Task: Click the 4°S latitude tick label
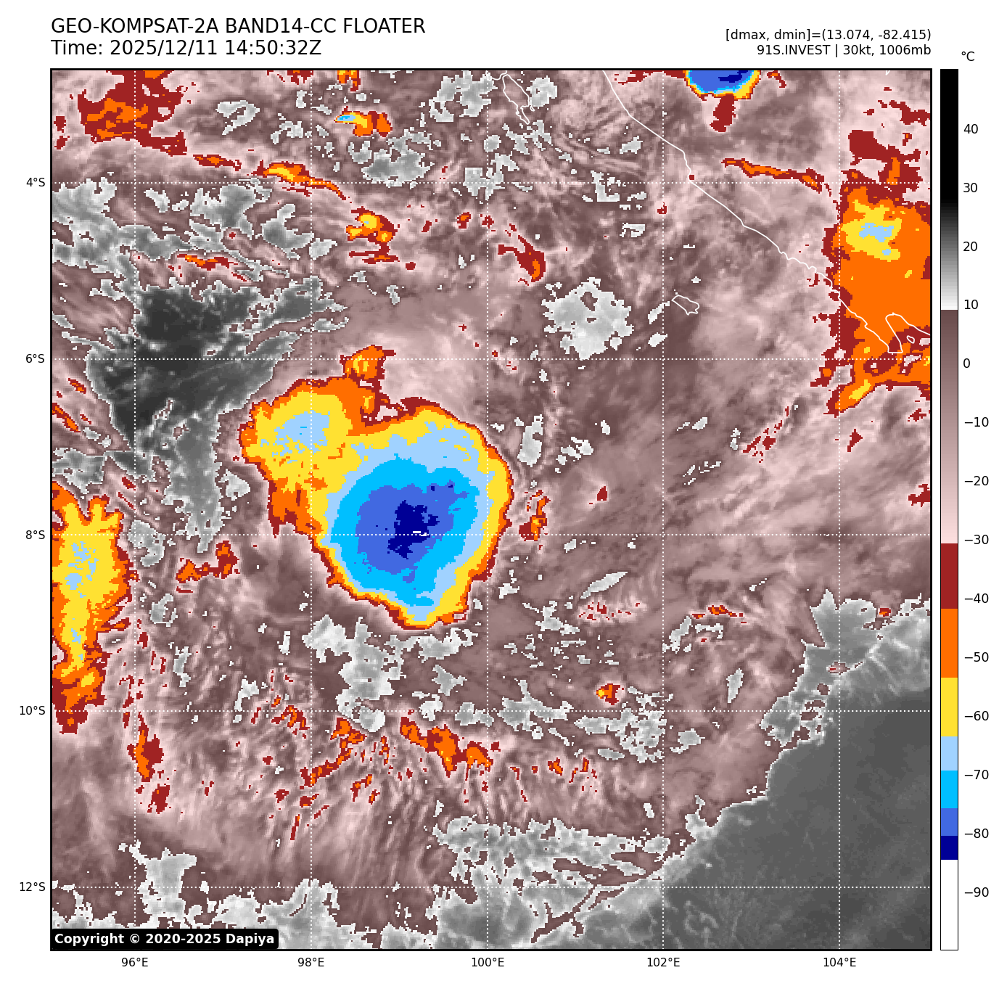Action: tap(36, 182)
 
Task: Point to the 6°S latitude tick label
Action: tap(36, 358)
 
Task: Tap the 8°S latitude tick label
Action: tap(36, 535)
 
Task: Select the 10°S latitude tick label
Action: tap(33, 710)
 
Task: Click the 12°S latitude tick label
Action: tap(33, 887)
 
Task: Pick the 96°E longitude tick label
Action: tap(135, 963)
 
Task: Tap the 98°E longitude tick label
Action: tap(311, 963)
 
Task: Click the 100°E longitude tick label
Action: tap(487, 963)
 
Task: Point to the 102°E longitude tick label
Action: tap(663, 963)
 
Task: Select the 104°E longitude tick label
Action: tap(839, 963)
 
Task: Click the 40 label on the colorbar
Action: tap(971, 129)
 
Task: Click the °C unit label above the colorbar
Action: tap(968, 57)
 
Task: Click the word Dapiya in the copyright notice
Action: tap(250, 939)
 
